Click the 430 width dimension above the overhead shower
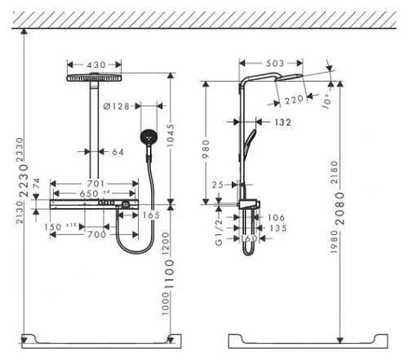click(95, 63)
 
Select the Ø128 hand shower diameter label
click(119, 105)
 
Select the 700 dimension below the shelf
click(96, 234)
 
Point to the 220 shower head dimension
click(294, 99)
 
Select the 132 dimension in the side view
click(282, 122)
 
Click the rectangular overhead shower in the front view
click(95, 78)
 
